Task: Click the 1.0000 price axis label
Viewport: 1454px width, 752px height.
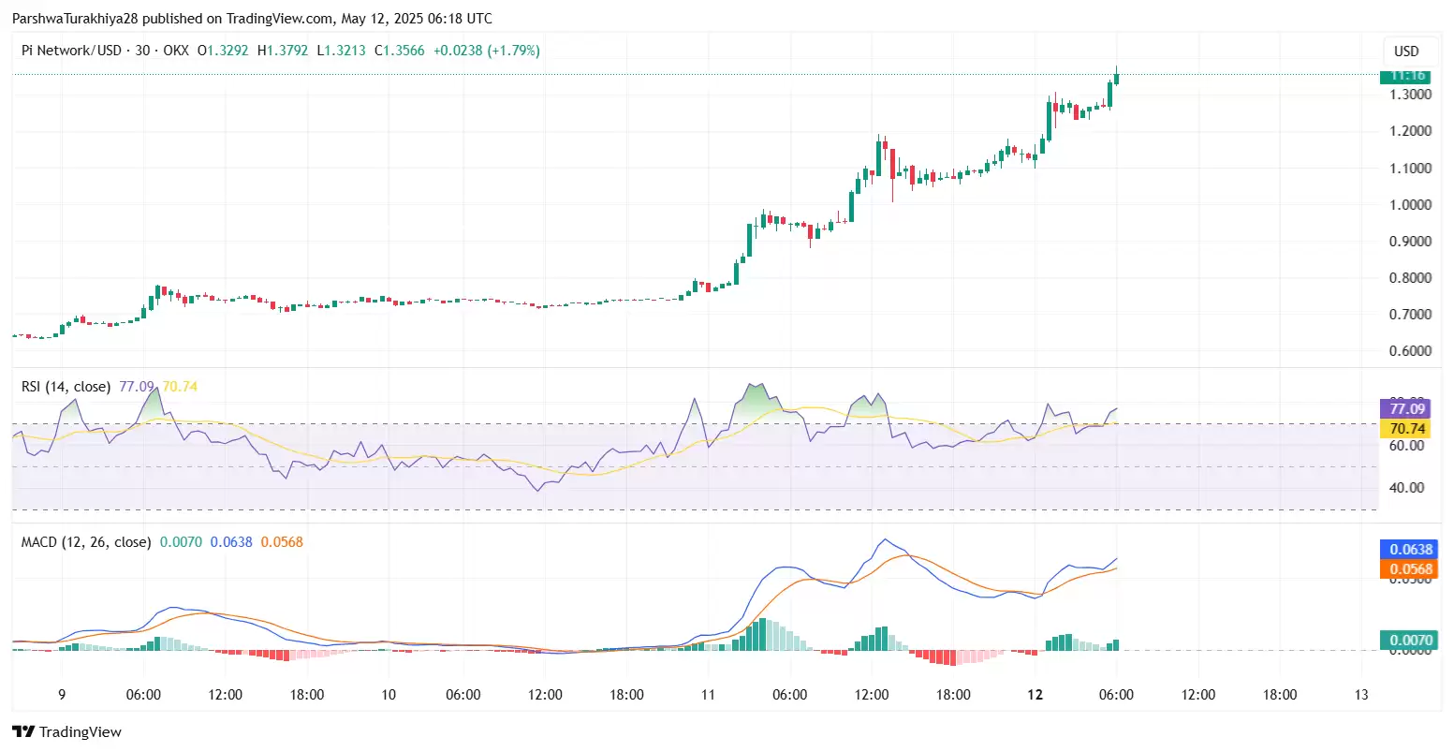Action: click(1410, 204)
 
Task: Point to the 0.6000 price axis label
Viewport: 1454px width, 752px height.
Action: click(1410, 350)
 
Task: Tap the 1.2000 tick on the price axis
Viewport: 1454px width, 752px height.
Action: click(1410, 130)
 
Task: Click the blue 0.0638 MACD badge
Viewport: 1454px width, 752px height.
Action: click(1410, 550)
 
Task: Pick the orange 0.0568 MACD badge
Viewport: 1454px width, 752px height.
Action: click(1410, 569)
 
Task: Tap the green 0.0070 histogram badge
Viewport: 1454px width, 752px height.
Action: click(1410, 641)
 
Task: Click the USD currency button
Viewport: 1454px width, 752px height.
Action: click(1406, 52)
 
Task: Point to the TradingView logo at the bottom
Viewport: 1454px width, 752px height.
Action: click(66, 732)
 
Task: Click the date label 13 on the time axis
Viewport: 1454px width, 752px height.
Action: click(1361, 695)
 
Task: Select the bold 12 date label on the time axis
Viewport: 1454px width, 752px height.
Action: click(1035, 695)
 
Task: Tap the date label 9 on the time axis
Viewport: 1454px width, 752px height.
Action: click(62, 695)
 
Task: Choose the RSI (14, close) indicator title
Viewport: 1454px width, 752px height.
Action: click(66, 387)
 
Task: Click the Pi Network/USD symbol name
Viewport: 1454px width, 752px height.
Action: click(71, 51)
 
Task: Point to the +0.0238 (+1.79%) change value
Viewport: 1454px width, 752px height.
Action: click(486, 51)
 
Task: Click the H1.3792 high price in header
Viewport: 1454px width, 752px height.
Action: click(283, 51)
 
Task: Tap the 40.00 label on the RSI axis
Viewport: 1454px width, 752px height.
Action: click(1407, 487)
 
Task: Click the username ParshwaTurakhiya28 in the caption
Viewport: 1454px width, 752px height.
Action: click(75, 19)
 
